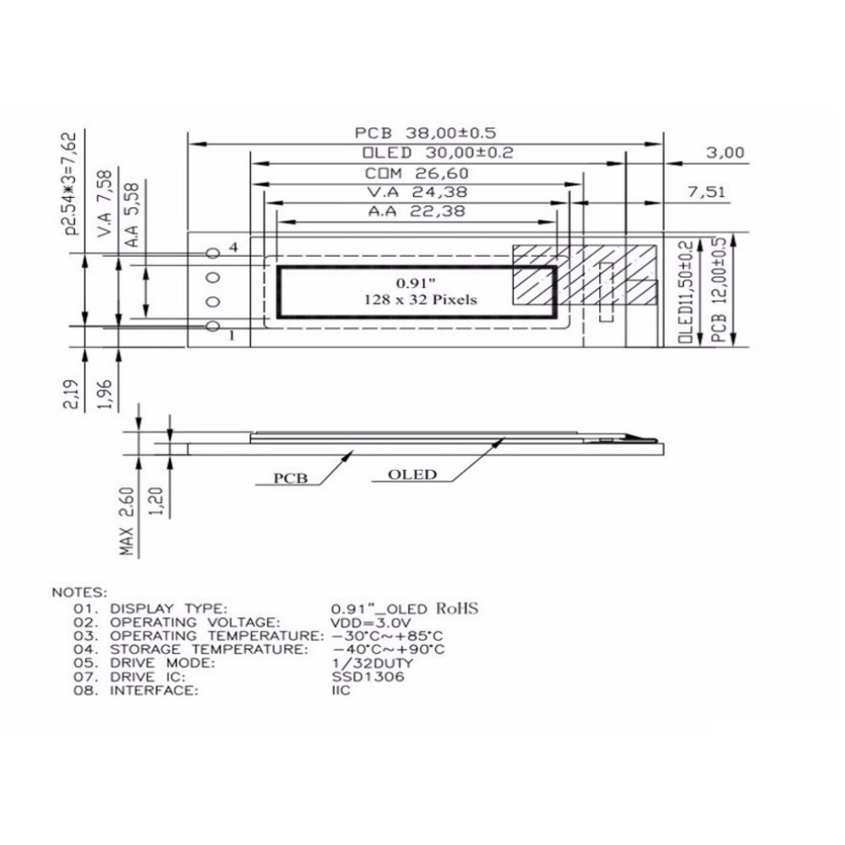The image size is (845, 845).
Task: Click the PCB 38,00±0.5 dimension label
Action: pos(425,134)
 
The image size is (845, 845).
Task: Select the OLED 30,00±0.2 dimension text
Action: pos(438,153)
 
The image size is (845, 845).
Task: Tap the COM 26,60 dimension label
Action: pos(417,173)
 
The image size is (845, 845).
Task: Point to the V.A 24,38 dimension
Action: pos(417,192)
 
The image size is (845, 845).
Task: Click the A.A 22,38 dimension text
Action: pos(417,211)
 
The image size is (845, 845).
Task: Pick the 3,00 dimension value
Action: pos(725,153)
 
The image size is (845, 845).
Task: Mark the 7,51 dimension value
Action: pos(707,192)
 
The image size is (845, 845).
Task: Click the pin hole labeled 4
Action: pos(214,253)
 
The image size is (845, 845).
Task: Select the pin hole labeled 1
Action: pos(214,325)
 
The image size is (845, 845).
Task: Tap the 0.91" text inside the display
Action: pos(416,283)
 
